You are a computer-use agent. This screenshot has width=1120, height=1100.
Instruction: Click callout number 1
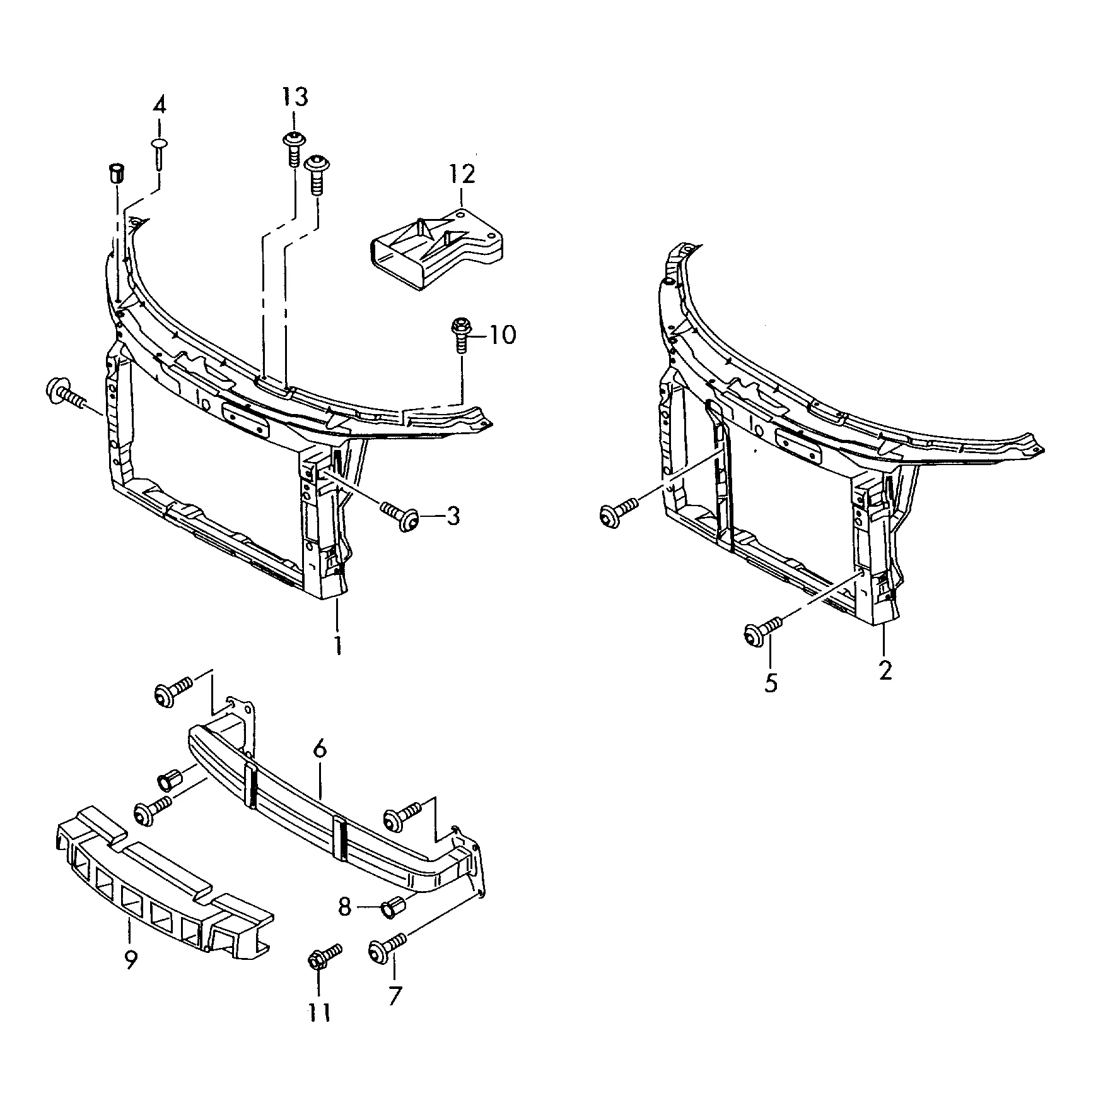[338, 646]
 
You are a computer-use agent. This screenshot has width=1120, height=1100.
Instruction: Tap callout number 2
[885, 670]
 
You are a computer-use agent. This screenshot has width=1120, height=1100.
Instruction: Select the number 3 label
[453, 516]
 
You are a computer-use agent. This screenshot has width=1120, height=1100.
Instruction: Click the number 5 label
[771, 683]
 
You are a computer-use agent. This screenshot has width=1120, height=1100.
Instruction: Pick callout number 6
[320, 749]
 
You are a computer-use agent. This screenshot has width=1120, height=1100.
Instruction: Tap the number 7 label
[394, 995]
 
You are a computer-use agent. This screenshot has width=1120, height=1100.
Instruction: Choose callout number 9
[131, 960]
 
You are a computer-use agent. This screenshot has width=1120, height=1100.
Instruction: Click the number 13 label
[295, 97]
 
